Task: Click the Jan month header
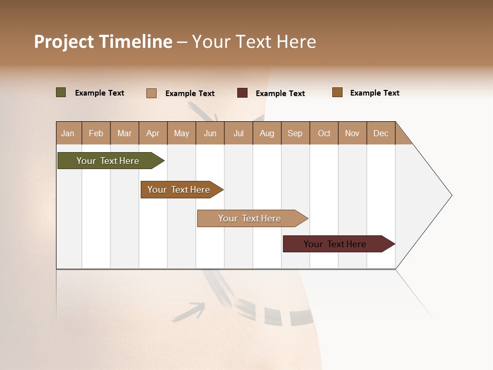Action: (68, 133)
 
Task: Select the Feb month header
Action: (96, 133)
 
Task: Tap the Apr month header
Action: (153, 133)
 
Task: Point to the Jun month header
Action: (210, 133)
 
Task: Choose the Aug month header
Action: (267, 133)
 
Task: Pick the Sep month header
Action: (295, 133)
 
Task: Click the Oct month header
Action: (324, 133)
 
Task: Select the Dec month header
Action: (381, 133)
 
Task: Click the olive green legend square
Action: (61, 92)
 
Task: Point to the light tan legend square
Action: (151, 93)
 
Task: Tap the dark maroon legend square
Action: (242, 93)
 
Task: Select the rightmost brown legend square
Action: (337, 92)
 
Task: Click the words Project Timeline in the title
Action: (103, 42)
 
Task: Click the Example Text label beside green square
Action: (100, 93)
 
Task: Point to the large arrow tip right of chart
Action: (437, 195)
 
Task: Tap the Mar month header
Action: (125, 133)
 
